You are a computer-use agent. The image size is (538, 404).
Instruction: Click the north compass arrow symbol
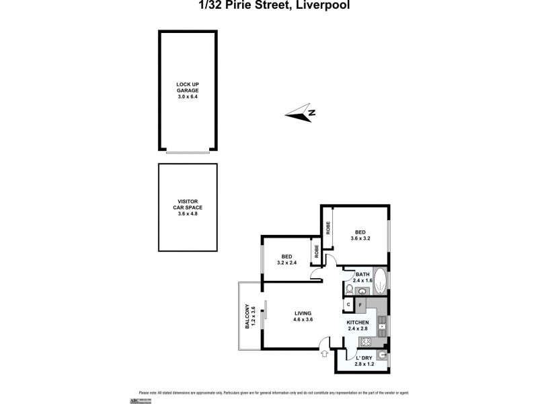[301, 113]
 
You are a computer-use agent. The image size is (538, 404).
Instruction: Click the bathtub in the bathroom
[380, 279]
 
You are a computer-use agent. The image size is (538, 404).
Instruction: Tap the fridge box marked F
[361, 305]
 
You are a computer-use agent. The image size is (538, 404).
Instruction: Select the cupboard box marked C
[348, 305]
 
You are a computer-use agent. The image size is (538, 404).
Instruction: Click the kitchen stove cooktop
[382, 330]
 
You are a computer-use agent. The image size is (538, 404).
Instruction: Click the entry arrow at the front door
[325, 352]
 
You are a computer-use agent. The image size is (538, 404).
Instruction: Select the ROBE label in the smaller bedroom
[315, 252]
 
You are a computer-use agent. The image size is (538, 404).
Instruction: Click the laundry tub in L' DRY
[382, 354]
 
